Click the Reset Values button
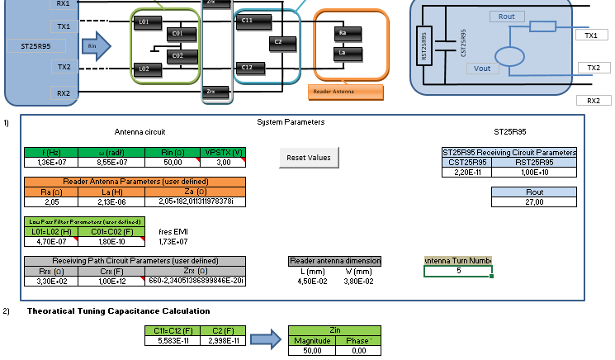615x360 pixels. pyautogui.click(x=308, y=157)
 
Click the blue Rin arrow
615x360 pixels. pyautogui.click(x=97, y=46)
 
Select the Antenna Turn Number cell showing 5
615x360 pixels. pyautogui.click(x=458, y=271)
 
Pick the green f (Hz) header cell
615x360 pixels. pyautogui.click(x=48, y=152)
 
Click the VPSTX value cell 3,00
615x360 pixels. pyautogui.click(x=223, y=163)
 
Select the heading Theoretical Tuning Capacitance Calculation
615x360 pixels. pyautogui.click(x=118, y=310)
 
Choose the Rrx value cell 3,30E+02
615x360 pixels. pyautogui.click(x=48, y=281)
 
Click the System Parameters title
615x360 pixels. pyautogui.click(x=291, y=122)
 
